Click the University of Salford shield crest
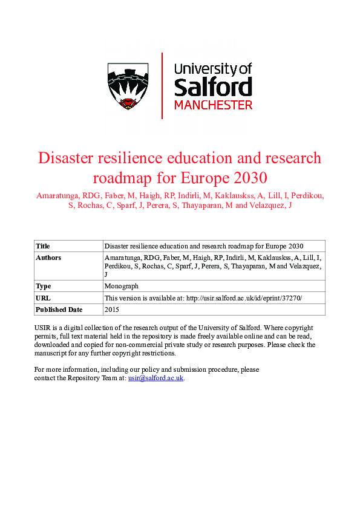(x=130, y=85)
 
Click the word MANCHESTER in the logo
(x=213, y=105)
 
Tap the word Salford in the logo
(x=212, y=88)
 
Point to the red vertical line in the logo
(x=162, y=85)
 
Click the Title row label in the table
(x=43, y=246)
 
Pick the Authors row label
(x=48, y=258)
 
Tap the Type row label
(x=44, y=287)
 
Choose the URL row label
(x=43, y=298)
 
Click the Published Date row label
(x=58, y=310)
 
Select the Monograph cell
(x=122, y=287)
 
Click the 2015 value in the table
(x=112, y=310)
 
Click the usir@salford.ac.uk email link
(x=155, y=378)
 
